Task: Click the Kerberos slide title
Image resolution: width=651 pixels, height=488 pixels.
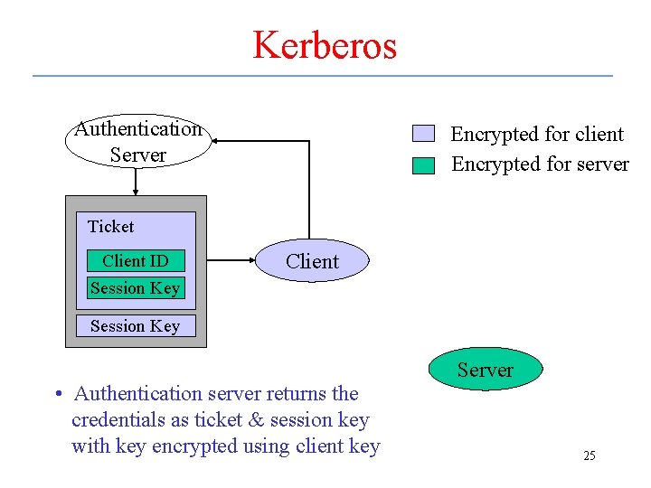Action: [x=325, y=44]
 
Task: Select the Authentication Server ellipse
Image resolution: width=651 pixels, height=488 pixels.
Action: [x=137, y=142]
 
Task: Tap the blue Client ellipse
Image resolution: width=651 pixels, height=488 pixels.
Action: [x=312, y=261]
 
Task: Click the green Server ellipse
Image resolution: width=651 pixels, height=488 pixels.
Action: [x=485, y=370]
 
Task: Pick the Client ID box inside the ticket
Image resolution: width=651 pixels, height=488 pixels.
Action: [x=136, y=261]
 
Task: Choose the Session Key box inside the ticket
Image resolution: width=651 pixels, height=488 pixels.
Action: [x=136, y=288]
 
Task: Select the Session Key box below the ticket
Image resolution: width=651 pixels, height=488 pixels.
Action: [x=136, y=325]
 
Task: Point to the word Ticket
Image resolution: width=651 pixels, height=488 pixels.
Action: [x=110, y=227]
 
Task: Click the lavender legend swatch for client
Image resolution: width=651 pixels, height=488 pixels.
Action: [x=423, y=134]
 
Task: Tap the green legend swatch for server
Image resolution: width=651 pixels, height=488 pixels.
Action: [x=423, y=165]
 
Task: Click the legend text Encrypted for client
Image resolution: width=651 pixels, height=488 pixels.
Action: [x=537, y=135]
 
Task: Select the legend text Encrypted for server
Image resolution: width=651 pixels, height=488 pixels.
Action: [x=540, y=164]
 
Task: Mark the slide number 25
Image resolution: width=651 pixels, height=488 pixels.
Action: [x=589, y=455]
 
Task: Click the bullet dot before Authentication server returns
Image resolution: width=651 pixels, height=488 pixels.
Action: [x=57, y=394]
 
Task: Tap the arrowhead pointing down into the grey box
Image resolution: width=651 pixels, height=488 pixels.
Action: [x=136, y=191]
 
